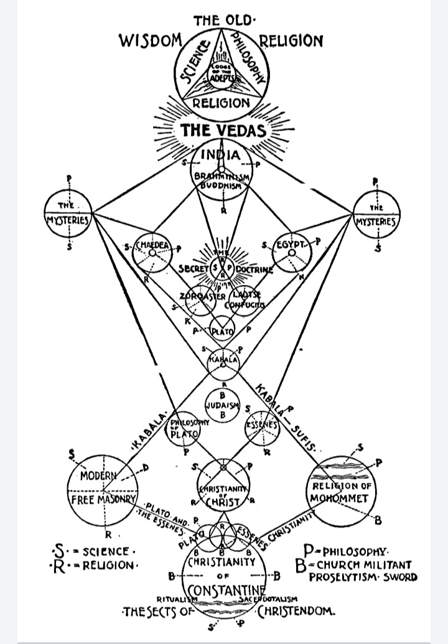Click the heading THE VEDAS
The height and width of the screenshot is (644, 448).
click(223, 131)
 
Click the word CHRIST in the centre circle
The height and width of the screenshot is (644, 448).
click(223, 500)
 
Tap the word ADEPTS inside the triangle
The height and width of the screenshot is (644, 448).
click(222, 78)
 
